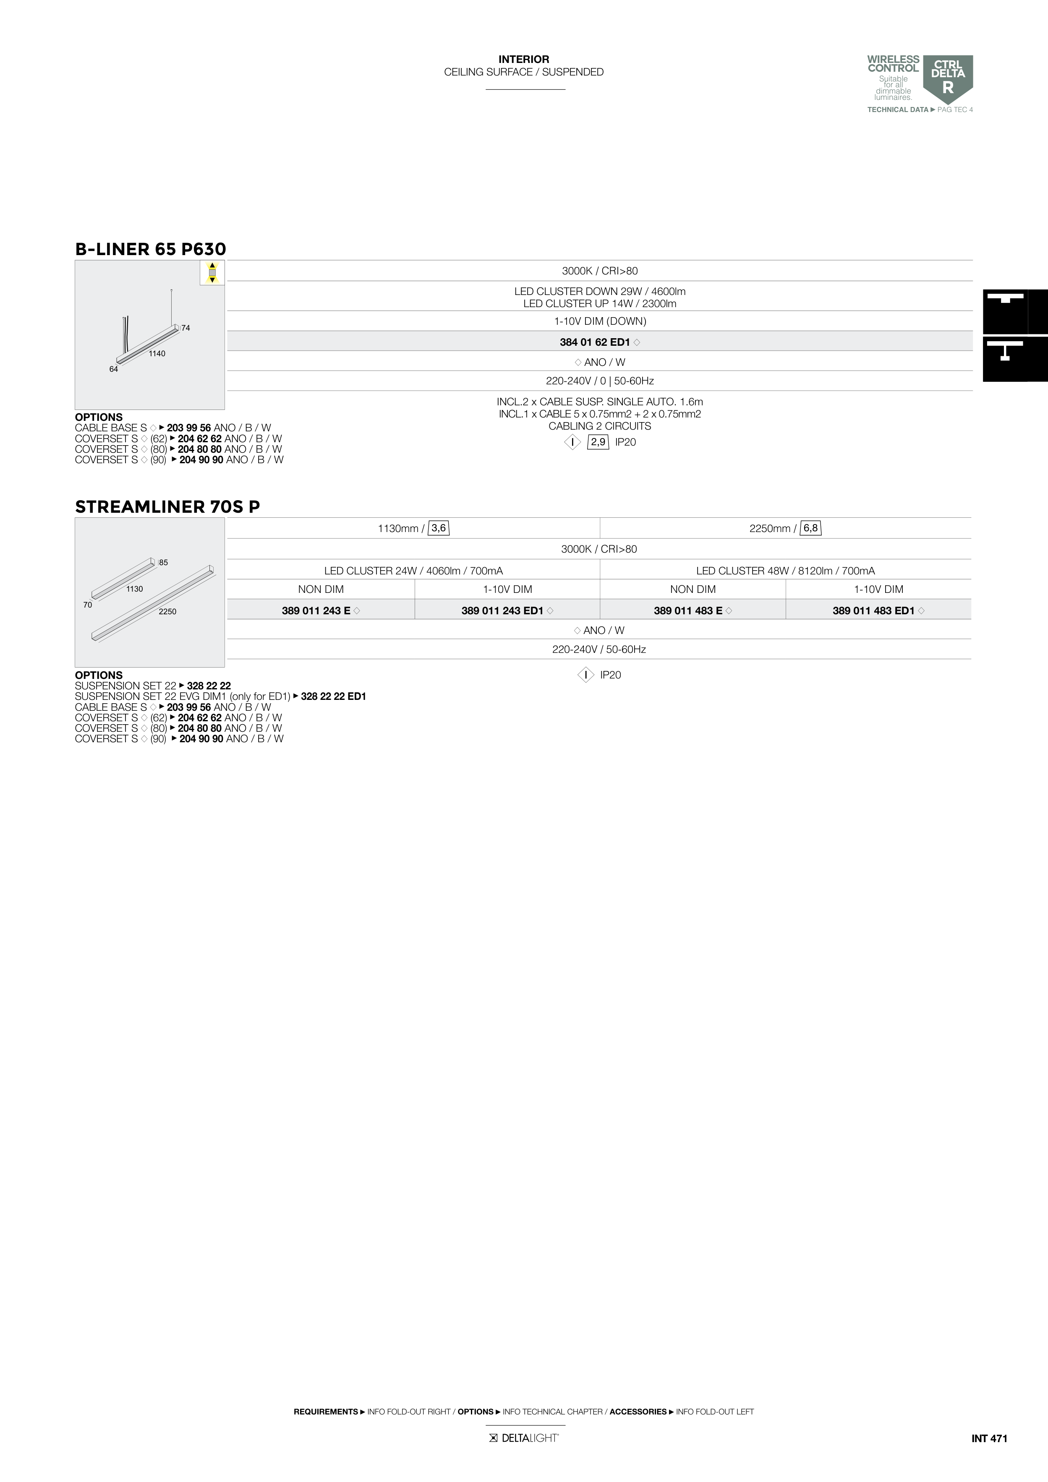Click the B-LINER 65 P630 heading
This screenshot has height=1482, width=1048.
click(x=150, y=249)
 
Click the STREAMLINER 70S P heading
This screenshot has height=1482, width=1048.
click(x=167, y=507)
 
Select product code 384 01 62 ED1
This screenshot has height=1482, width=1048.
click(x=595, y=342)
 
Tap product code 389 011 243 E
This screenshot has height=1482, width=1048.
click(x=316, y=611)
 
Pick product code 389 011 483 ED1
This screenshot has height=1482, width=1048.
click(x=873, y=611)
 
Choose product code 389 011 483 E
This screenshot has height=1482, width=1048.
click(x=688, y=611)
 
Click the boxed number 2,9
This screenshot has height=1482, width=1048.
click(x=598, y=442)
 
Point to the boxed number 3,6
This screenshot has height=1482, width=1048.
click(x=439, y=528)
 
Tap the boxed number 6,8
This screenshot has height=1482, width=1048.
click(x=810, y=528)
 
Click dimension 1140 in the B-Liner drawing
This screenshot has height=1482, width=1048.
click(x=157, y=354)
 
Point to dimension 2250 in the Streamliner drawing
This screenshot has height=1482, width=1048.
click(x=167, y=611)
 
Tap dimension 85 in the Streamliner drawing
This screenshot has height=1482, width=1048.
click(x=163, y=563)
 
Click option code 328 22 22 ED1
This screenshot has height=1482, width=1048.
click(x=333, y=697)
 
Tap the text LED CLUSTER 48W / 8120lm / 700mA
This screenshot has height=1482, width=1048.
click(x=785, y=571)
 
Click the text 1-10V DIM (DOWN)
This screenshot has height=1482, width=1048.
click(x=600, y=321)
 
